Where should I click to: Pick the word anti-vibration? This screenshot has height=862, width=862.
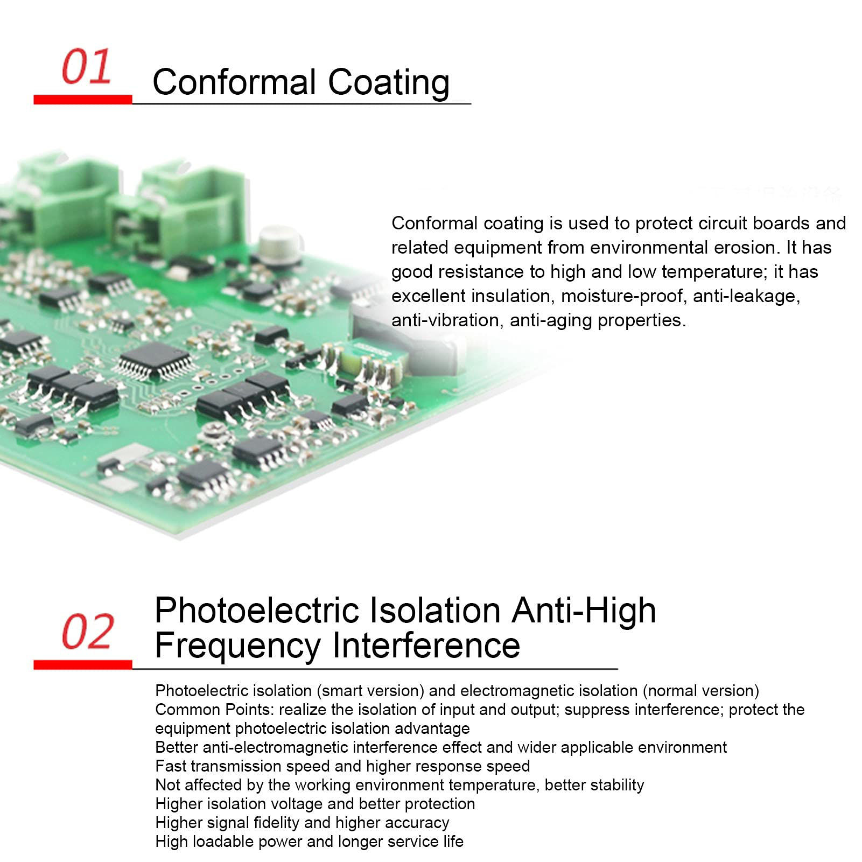point(447,320)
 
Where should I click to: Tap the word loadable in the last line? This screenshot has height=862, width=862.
point(226,842)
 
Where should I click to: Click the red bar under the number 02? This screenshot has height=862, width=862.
point(82,665)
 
